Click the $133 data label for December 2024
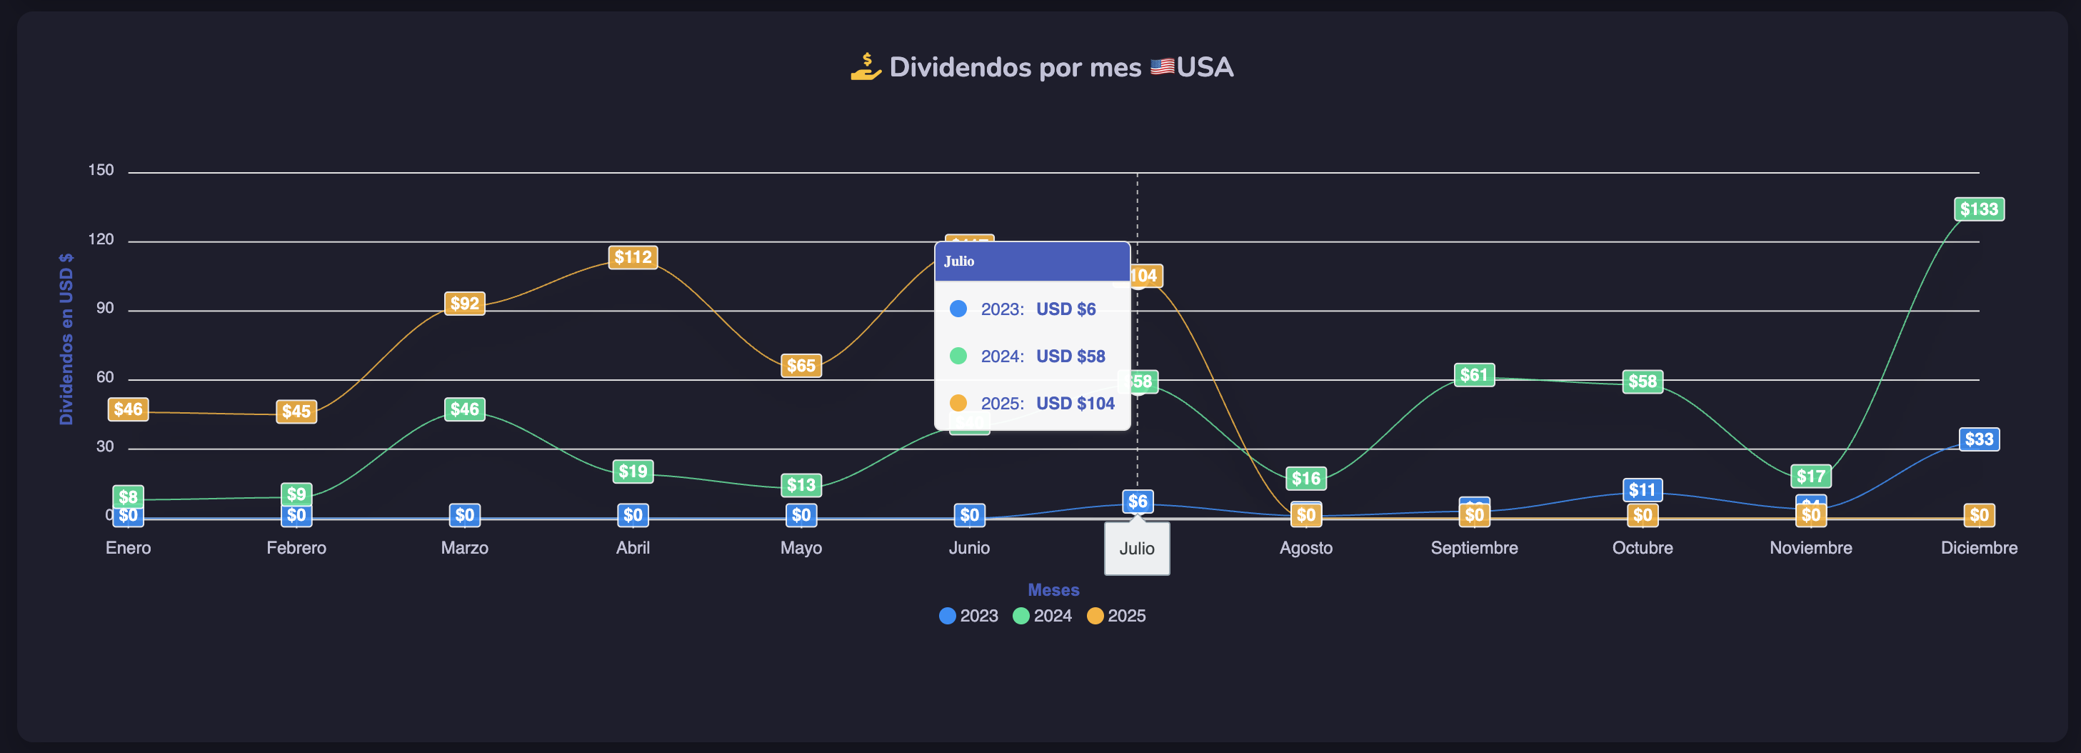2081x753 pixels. (1978, 209)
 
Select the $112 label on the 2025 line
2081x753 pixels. (633, 257)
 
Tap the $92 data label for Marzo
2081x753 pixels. (464, 303)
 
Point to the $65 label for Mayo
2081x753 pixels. (801, 365)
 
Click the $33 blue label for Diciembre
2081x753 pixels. (1978, 439)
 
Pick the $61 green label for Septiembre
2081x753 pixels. (1473, 375)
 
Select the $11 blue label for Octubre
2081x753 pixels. (1642, 489)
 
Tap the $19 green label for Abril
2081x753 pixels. (633, 471)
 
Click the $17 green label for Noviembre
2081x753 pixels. (1810, 476)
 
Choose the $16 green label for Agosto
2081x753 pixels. (1305, 478)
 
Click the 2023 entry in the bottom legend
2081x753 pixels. (968, 616)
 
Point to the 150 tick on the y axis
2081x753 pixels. (101, 169)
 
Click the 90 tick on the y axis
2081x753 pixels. (104, 308)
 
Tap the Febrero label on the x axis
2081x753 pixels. (296, 548)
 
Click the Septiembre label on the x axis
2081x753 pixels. (1473, 548)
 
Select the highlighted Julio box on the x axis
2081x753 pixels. (1137, 549)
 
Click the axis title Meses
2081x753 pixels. (1053, 590)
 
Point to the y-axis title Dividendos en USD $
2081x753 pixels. (66, 339)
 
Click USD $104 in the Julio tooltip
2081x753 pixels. (1075, 403)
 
